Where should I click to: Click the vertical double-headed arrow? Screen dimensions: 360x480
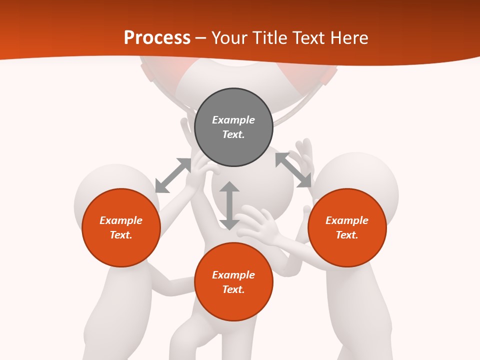click(229, 205)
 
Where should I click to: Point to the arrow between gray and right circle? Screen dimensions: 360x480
click(293, 170)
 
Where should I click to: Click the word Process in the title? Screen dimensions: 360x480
click(157, 37)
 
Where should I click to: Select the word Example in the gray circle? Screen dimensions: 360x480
click(233, 120)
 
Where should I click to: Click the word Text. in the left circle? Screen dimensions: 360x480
click(121, 235)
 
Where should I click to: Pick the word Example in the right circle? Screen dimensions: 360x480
click(347, 220)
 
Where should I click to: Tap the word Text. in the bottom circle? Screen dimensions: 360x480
click(233, 289)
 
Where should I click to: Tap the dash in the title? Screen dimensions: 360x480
click(201, 38)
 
